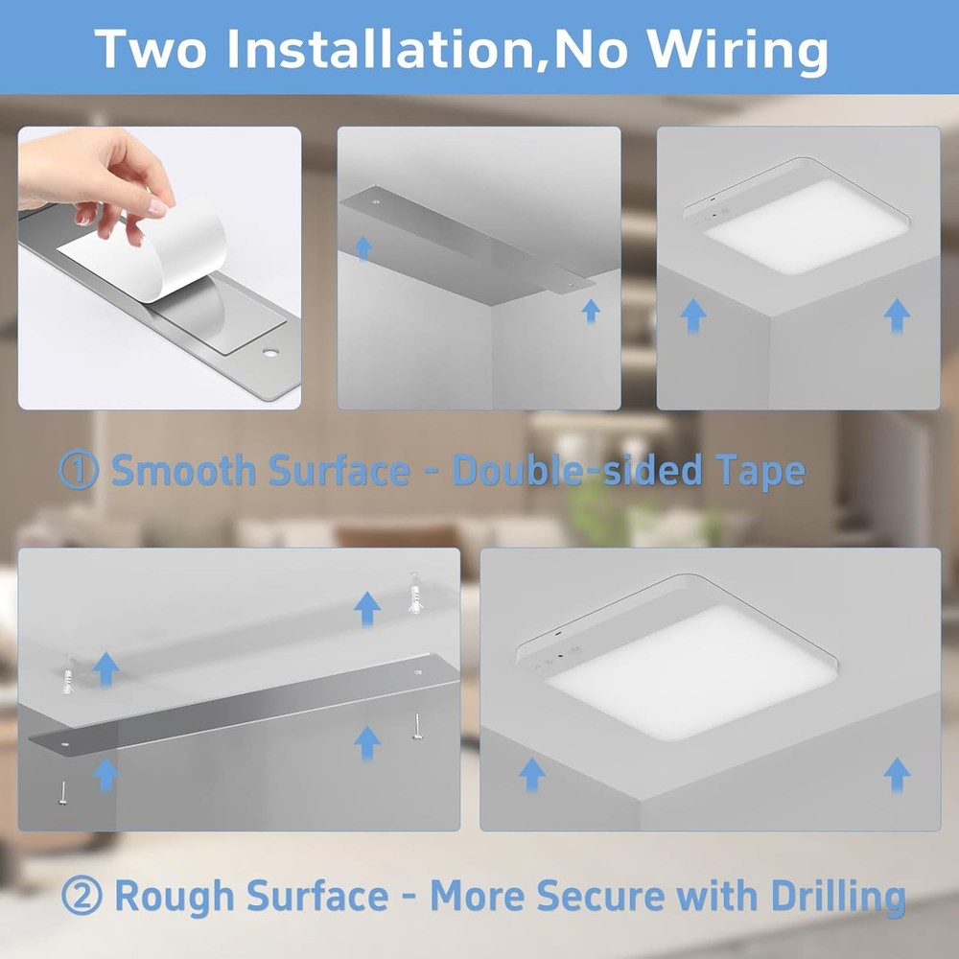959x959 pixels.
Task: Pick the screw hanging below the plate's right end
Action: [x=418, y=727]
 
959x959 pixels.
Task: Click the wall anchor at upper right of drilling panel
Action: [x=415, y=593]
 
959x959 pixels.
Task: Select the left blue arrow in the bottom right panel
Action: [x=531, y=774]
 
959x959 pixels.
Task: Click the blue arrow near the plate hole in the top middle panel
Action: [x=363, y=247]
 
